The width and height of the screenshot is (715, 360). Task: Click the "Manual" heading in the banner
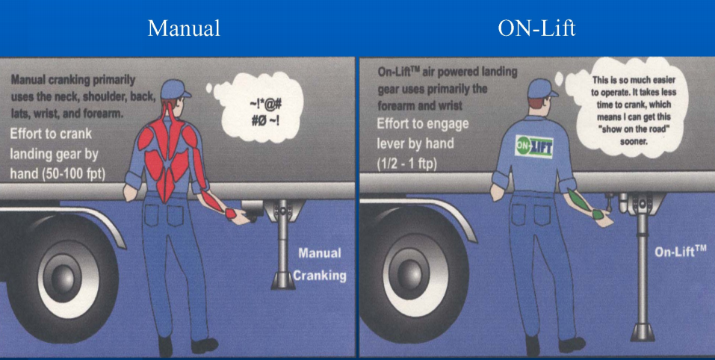pyautogui.click(x=184, y=28)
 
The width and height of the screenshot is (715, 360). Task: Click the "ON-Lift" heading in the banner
pyautogui.click(x=536, y=28)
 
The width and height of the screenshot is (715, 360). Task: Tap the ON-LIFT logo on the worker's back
pyautogui.click(x=534, y=146)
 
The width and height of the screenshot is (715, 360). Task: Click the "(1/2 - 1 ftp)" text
pyautogui.click(x=408, y=164)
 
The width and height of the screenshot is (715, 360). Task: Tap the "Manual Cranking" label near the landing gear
pyautogui.click(x=320, y=264)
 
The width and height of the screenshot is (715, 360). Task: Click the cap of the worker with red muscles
pyautogui.click(x=175, y=88)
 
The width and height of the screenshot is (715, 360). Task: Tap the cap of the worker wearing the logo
pyautogui.click(x=542, y=88)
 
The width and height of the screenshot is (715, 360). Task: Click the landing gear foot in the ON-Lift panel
pyautogui.click(x=643, y=332)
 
